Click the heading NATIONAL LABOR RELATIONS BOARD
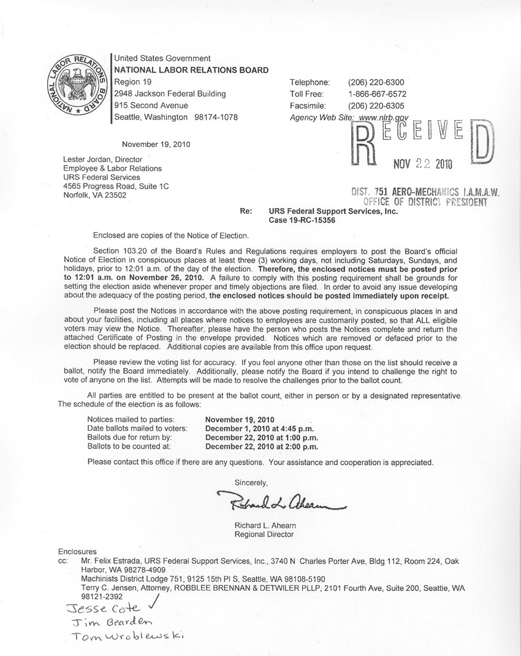pos(191,70)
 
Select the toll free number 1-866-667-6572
pos(377,94)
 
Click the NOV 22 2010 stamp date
pos(422,164)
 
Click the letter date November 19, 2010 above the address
pos(156,145)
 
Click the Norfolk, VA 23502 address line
pos(95,195)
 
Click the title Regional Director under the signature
pos(264,534)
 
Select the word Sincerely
pos(251,482)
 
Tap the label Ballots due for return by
pos(129,437)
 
